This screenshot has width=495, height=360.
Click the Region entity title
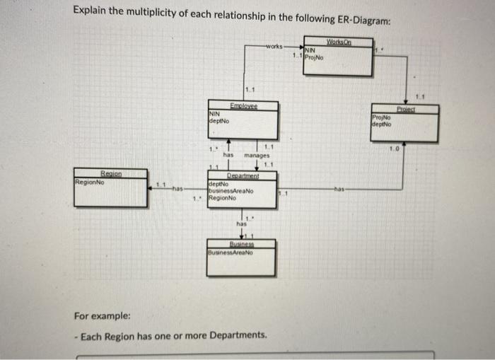click(111, 173)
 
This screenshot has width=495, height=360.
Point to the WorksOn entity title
click(339, 42)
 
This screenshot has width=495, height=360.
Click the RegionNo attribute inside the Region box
click(90, 181)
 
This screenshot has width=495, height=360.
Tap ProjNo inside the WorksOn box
click(315, 57)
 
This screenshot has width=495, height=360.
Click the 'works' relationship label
click(274, 46)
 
